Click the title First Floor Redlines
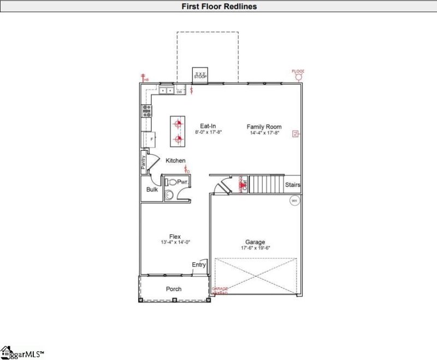(218, 7)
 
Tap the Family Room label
(263, 126)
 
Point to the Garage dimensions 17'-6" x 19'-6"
(255, 248)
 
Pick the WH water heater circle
(294, 200)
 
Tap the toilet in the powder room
(172, 182)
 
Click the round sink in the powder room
(169, 194)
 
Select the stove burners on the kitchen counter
(147, 111)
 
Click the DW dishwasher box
(179, 92)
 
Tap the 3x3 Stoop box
(200, 75)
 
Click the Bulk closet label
(152, 190)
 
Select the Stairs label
(293, 185)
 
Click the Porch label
(174, 289)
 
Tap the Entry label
(199, 265)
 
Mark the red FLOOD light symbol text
(298, 71)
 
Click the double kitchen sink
(166, 91)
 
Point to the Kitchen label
(175, 161)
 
